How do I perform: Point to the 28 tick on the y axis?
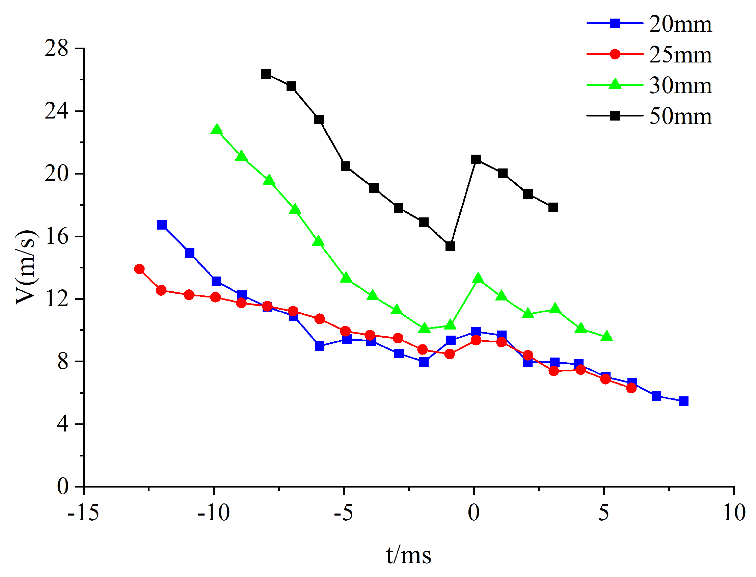click(x=57, y=48)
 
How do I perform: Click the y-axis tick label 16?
click(x=57, y=237)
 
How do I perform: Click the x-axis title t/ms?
click(x=408, y=555)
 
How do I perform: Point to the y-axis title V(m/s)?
click(x=26, y=267)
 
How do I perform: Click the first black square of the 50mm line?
click(x=266, y=74)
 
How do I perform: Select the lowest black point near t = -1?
click(x=450, y=246)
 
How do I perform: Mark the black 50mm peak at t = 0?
click(x=476, y=159)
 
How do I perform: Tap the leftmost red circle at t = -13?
click(x=139, y=269)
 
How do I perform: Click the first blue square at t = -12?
click(x=162, y=225)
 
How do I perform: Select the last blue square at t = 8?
click(x=683, y=401)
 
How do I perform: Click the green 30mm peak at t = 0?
click(x=478, y=279)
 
